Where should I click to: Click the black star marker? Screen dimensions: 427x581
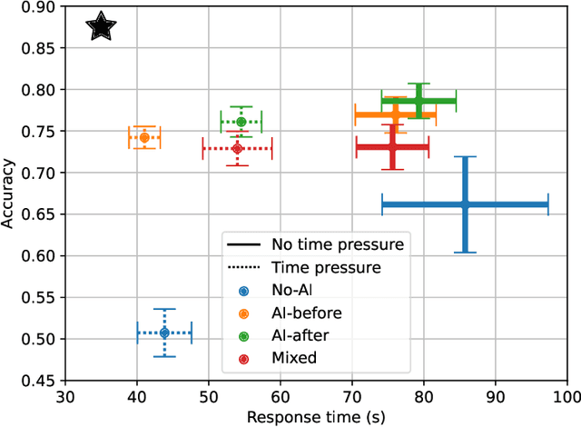pyautogui.click(x=102, y=27)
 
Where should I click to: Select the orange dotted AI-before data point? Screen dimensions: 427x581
pyautogui.click(x=144, y=138)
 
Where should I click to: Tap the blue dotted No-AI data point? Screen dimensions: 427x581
pyautogui.click(x=164, y=333)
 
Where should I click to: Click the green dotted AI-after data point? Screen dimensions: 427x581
pyautogui.click(x=241, y=122)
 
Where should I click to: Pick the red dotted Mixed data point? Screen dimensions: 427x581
pyautogui.click(x=238, y=148)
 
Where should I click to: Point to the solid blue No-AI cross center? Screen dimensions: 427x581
pyautogui.click(x=465, y=204)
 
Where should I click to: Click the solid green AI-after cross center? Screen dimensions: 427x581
pyautogui.click(x=419, y=101)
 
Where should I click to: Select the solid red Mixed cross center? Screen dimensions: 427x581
pyautogui.click(x=392, y=146)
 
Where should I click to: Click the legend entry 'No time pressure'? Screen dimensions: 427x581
pyautogui.click(x=337, y=243)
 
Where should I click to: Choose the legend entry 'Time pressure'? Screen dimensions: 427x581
pyautogui.click(x=326, y=267)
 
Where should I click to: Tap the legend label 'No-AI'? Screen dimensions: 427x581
pyautogui.click(x=290, y=291)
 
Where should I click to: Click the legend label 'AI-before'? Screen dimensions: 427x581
pyautogui.click(x=302, y=313)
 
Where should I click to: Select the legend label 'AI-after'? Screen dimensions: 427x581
pyautogui.click(x=300, y=335)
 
